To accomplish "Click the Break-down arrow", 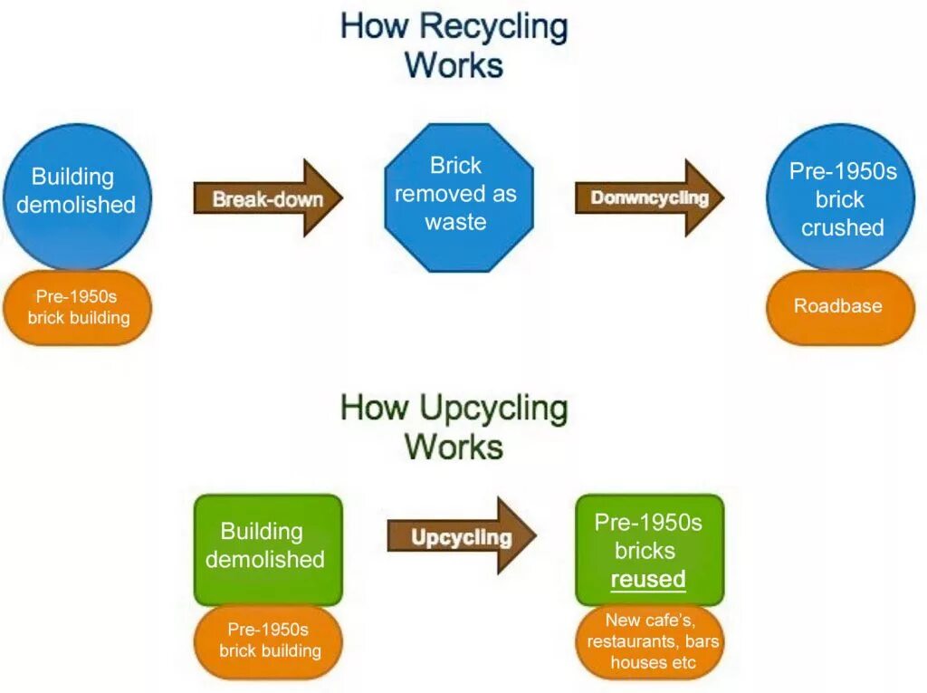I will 268,198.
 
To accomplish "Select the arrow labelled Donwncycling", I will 649,198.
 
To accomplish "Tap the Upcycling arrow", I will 462,537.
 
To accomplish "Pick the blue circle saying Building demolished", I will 77,192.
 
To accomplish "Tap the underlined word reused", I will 648,579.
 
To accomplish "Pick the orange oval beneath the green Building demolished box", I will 268,640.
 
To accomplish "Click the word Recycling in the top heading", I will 494,26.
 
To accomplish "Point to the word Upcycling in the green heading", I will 494,409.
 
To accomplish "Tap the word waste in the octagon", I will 455,222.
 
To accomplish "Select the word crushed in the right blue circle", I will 842,227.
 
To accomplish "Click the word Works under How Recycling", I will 454,65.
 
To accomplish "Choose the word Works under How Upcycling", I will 454,448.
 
